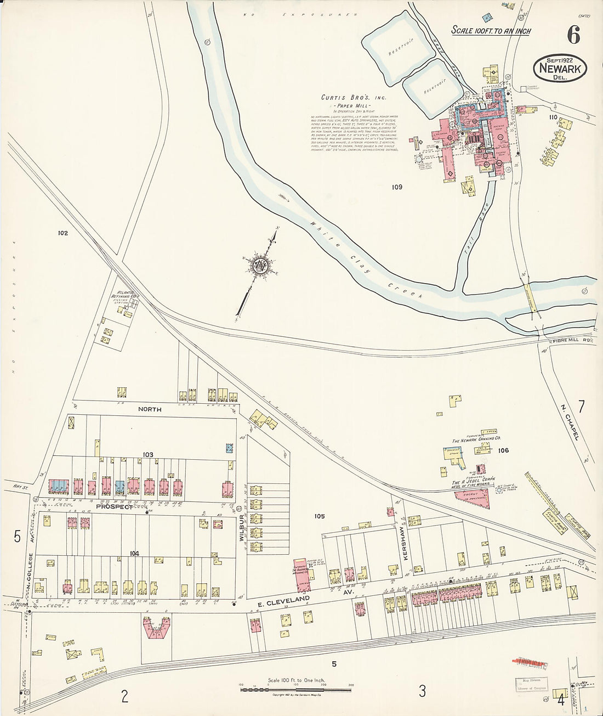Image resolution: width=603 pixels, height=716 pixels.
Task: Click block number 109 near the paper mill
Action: (x=397, y=187)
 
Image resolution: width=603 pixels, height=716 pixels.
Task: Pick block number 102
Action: (x=62, y=233)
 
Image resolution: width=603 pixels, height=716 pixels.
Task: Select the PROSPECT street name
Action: (x=115, y=507)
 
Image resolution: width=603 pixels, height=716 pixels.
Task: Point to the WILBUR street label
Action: (x=241, y=528)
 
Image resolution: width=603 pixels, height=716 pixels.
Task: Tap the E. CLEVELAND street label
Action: (x=285, y=600)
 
